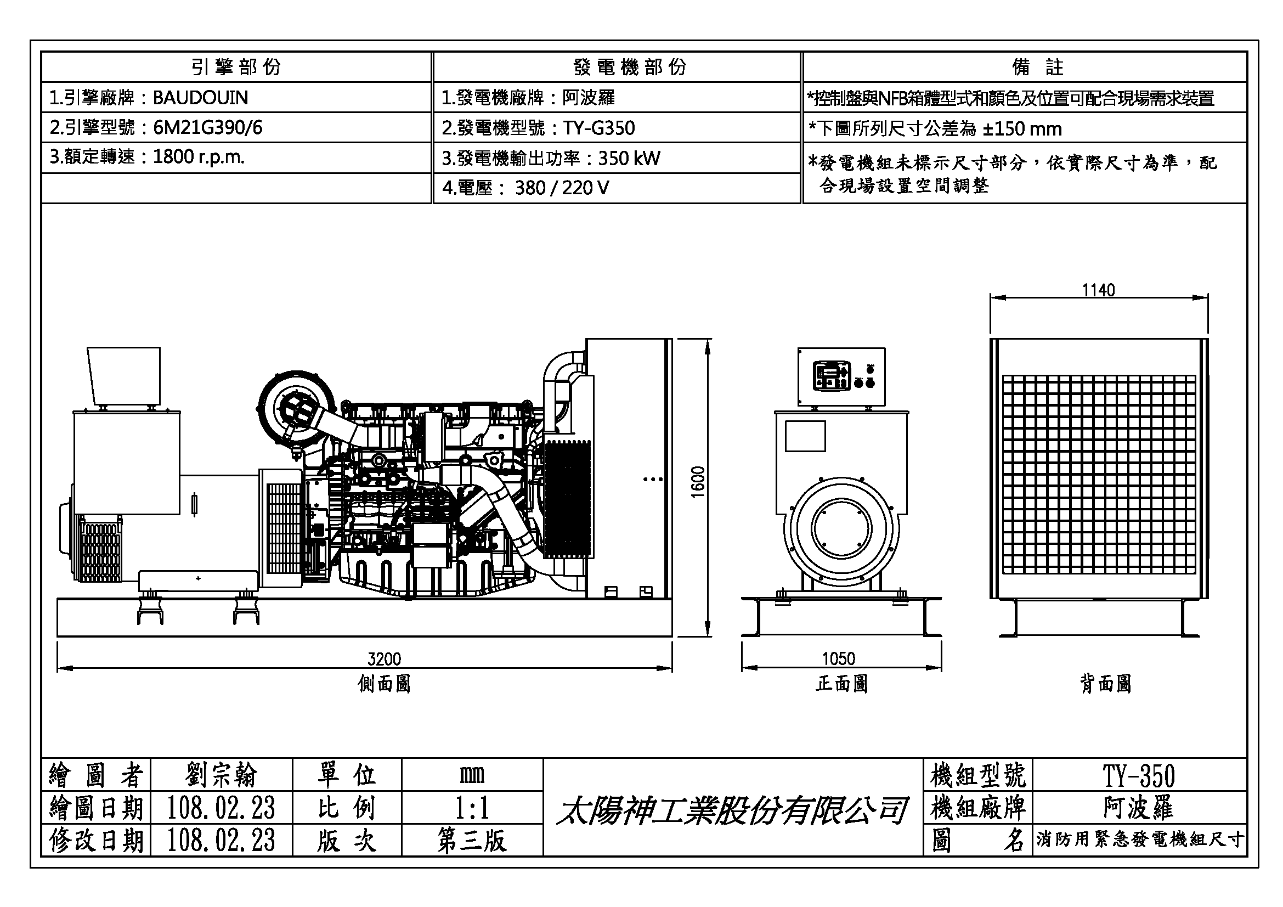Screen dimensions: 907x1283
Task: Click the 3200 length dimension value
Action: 384,660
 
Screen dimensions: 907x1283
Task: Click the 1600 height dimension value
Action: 698,482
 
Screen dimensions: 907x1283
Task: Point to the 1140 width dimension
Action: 1098,290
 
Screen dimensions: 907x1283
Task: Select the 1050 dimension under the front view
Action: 838,659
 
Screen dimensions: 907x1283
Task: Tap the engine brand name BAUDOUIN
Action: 200,98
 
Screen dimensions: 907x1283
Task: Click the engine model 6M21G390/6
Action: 207,128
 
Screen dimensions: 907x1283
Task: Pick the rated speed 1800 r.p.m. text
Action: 199,157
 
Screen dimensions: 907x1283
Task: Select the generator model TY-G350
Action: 598,128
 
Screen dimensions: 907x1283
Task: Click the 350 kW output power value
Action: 629,159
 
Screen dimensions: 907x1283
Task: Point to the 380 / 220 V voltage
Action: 562,188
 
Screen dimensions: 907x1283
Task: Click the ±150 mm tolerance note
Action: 1022,129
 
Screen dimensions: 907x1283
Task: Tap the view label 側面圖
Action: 384,684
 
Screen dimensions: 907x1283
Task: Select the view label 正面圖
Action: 841,684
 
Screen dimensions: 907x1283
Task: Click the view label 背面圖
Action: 1105,684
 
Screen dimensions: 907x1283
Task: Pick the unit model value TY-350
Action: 1138,776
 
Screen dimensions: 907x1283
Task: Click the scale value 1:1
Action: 472,808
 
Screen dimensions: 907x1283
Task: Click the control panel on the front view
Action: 841,376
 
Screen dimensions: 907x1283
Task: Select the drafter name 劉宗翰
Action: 221,776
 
